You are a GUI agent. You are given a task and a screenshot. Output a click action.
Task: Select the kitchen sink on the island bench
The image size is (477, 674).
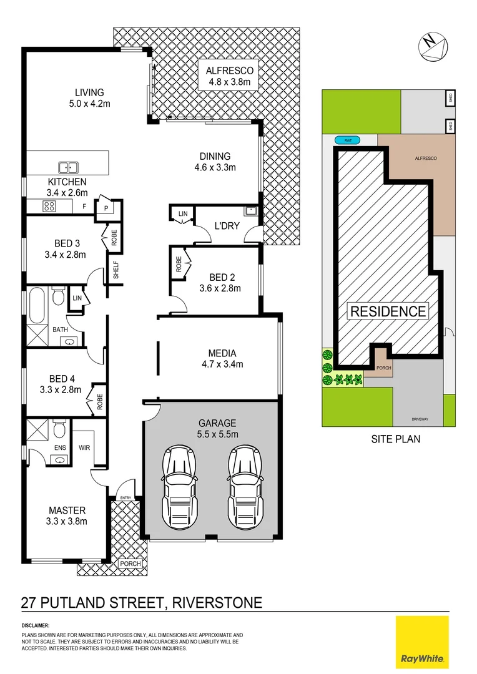click(68, 167)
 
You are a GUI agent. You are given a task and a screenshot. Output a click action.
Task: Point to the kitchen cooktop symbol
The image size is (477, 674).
click(49, 206)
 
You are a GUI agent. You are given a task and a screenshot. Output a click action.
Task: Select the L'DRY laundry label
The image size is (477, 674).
click(227, 226)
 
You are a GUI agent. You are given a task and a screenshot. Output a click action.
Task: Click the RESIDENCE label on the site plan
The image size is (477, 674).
click(388, 311)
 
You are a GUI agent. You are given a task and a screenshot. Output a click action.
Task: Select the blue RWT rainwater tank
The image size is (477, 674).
click(347, 140)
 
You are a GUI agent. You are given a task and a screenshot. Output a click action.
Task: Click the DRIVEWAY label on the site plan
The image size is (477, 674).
click(419, 419)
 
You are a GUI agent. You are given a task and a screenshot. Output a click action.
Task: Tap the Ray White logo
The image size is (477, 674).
click(422, 641)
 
